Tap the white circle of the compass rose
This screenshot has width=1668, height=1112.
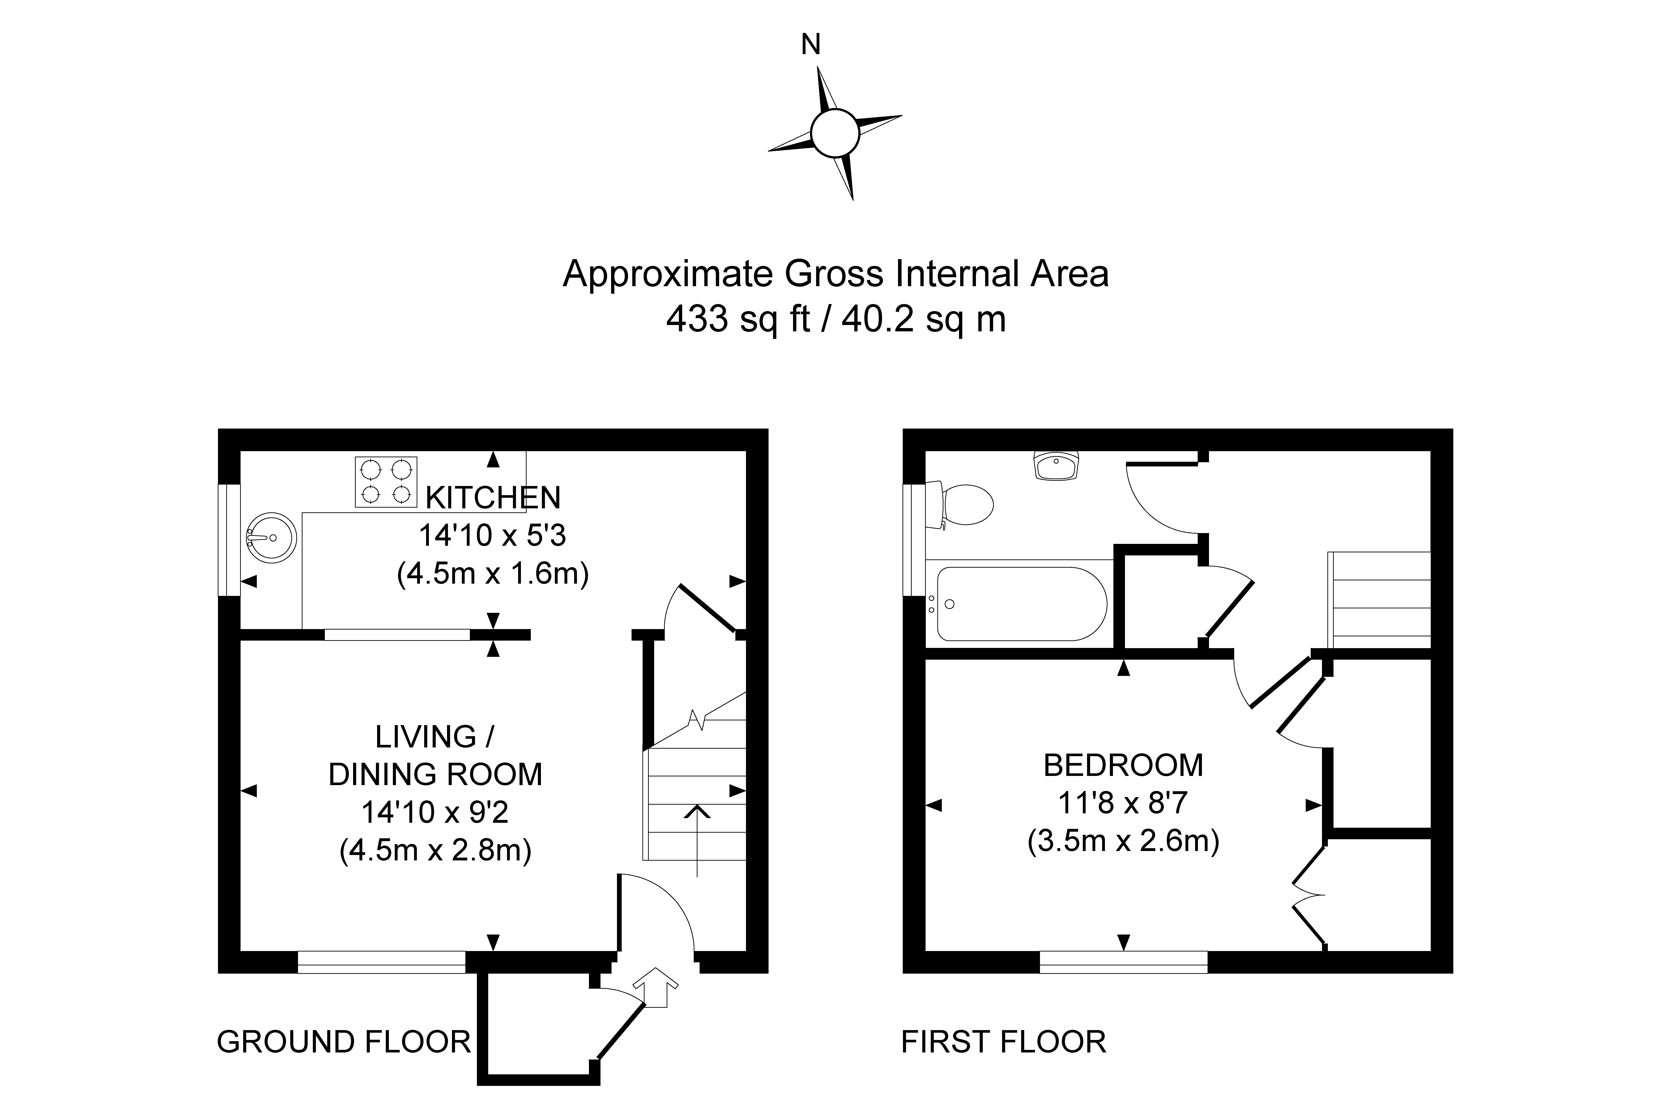(x=835, y=133)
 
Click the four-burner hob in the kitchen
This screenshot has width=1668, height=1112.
(x=386, y=482)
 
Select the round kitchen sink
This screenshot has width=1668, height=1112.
(x=271, y=538)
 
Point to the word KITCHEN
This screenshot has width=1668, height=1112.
(x=493, y=498)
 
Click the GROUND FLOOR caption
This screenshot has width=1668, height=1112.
(x=343, y=1042)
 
